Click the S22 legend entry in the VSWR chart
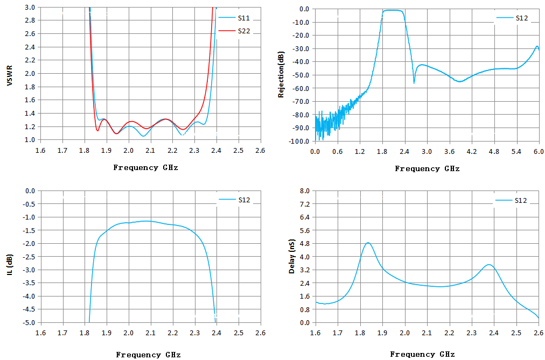pos(234,31)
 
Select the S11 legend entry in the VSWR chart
pos(234,18)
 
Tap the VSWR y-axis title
pos(9,75)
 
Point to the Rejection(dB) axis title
pos(281,75)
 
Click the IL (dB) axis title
pos(9,265)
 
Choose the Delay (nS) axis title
pos(291,256)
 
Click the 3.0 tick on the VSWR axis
pos(30,7)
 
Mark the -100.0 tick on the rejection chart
pos(298,142)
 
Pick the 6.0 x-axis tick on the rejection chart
pos(539,152)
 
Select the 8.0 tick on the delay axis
pos(304,190)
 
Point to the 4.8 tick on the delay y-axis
pos(304,243)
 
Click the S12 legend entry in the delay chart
pos(511,200)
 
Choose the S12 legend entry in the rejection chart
pos(512,18)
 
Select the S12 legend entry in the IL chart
pos(234,200)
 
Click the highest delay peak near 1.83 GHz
pos(368,243)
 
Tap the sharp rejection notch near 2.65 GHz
pos(414,83)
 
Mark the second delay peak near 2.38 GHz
pos(489,265)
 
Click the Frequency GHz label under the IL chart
pos(149,355)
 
